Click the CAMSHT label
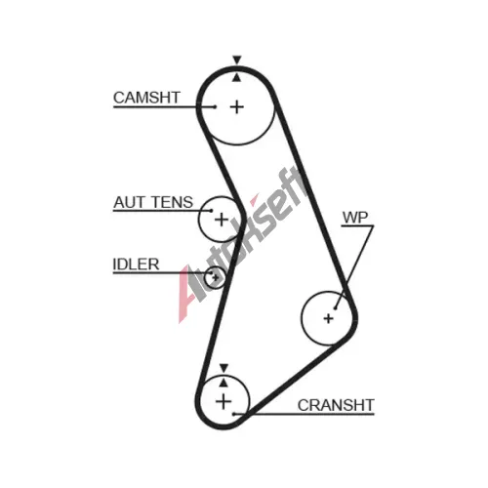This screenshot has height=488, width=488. click(x=146, y=98)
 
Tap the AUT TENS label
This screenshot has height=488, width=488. click(x=153, y=202)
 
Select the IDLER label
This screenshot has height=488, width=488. click(x=136, y=264)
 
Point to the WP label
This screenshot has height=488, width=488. click(x=355, y=218)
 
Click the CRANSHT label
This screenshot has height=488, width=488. click(x=336, y=405)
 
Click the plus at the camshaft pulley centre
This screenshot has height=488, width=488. click(x=237, y=107)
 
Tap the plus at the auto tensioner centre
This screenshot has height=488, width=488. click(x=222, y=220)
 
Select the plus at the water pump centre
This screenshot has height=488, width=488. click(x=329, y=318)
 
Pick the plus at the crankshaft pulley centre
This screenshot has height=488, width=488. click(x=224, y=401)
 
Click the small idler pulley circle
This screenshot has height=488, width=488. click(x=215, y=267)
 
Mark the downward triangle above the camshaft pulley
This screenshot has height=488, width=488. click(x=237, y=60)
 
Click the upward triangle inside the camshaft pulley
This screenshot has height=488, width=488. click(x=237, y=77)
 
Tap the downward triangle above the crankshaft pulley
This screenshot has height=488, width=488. click(x=224, y=368)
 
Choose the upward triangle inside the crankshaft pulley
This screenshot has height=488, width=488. click(x=224, y=383)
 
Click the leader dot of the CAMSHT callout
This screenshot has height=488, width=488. click(x=215, y=106)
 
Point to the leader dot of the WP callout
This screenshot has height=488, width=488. click(x=335, y=307)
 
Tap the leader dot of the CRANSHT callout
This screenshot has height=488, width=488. click(x=233, y=414)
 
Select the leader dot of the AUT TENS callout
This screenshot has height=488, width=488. click(x=212, y=211)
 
